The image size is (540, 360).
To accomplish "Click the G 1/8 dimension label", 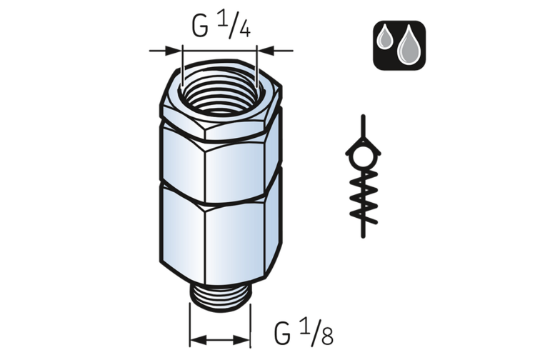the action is [x=304, y=331].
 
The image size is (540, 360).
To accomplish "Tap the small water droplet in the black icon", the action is [x=385, y=39].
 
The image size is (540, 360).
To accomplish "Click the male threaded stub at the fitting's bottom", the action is [x=221, y=298].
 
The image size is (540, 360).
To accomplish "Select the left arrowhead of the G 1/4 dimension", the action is [x=174, y=51].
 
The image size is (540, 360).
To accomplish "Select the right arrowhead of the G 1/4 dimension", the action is [x=266, y=51].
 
